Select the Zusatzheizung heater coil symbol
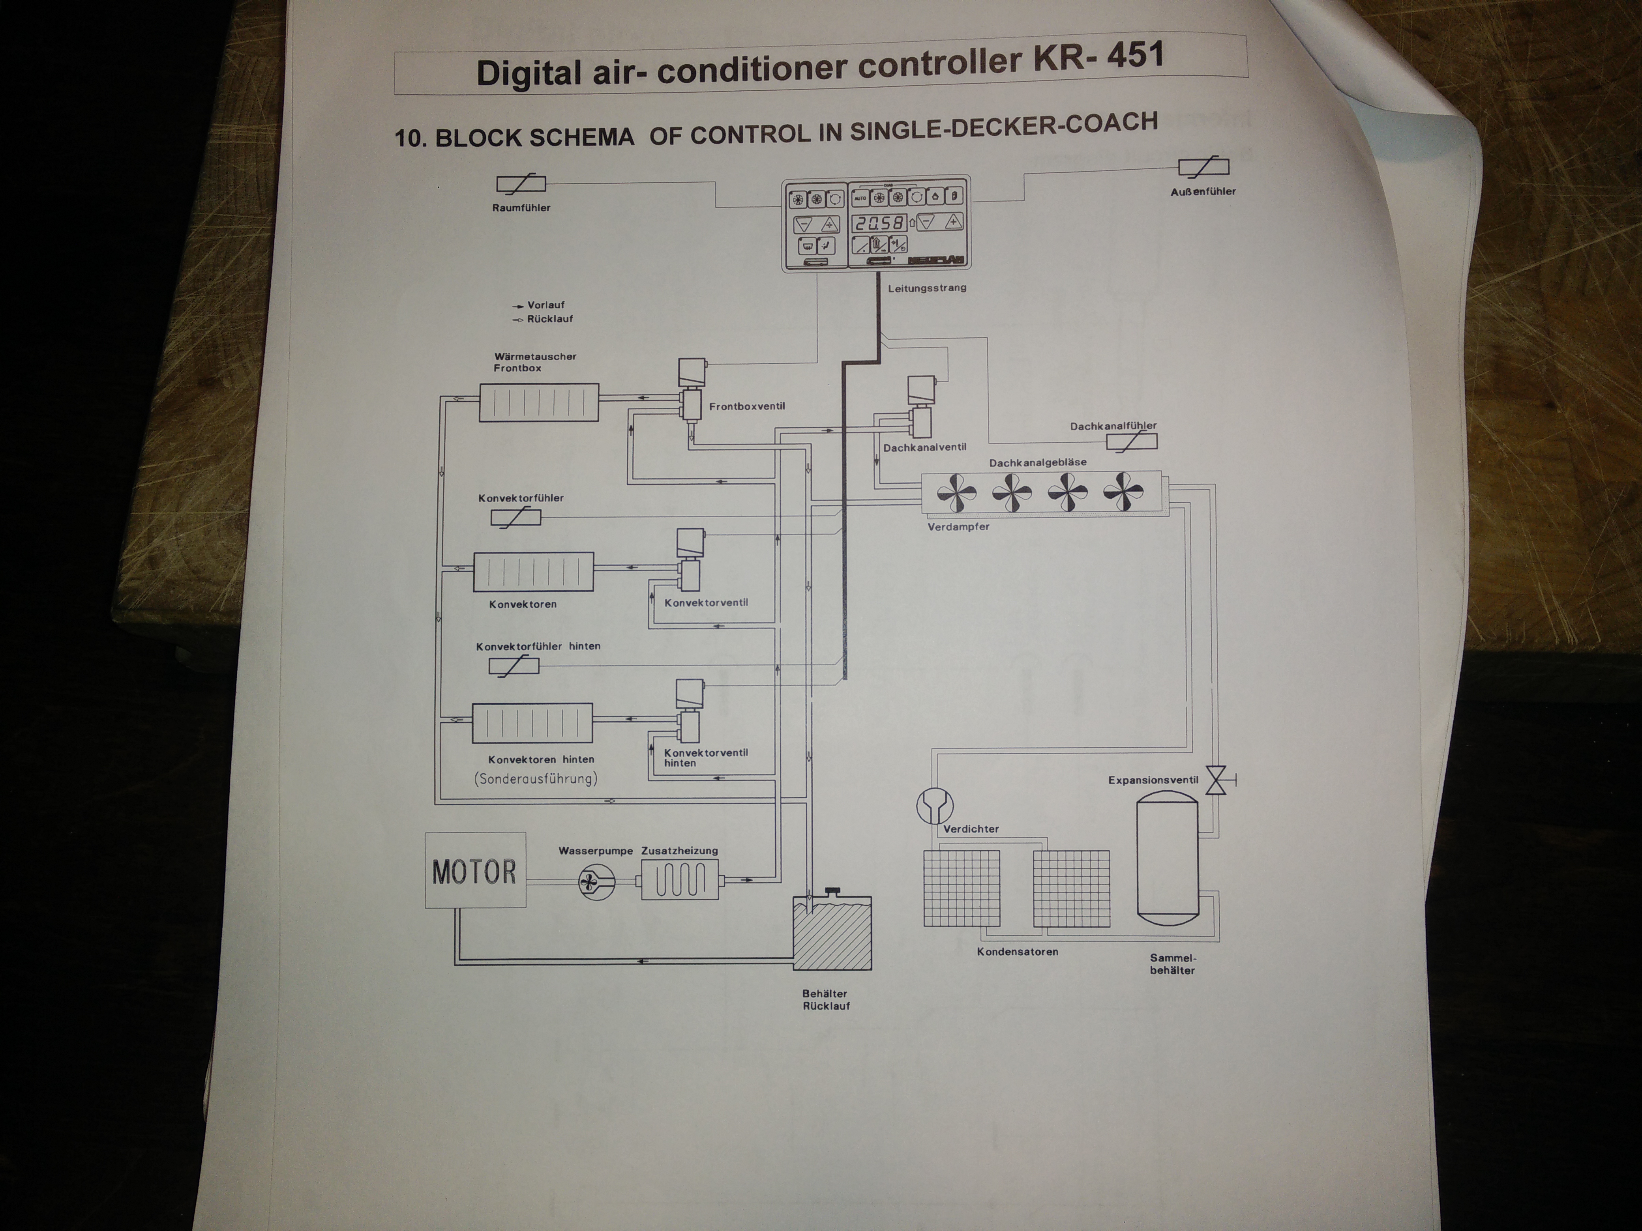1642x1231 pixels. point(679,880)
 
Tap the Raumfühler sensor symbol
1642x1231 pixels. point(520,184)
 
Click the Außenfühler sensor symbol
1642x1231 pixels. point(1203,168)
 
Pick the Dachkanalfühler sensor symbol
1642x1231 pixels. point(1131,442)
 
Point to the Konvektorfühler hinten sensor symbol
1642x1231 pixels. point(514,666)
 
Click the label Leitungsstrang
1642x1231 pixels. point(927,288)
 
